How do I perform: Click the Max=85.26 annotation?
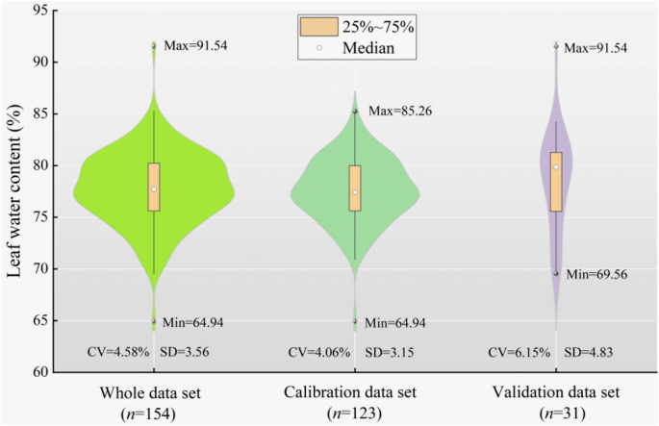tap(399, 111)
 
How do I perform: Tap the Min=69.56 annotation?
tap(599, 273)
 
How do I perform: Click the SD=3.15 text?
tap(383, 352)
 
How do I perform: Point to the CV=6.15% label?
tap(520, 352)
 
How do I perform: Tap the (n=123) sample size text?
tap(355, 413)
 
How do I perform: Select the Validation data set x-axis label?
tap(556, 394)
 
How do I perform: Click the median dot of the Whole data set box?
tap(154, 189)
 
